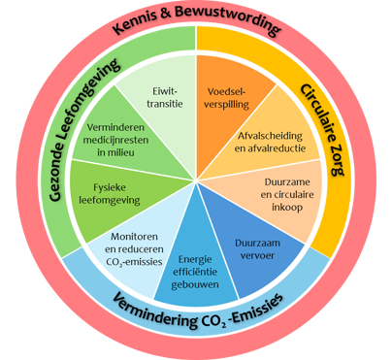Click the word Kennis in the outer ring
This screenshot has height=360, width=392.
point(138,20)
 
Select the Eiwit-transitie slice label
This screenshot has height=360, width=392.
point(165,97)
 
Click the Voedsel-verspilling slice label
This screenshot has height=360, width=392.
point(228,98)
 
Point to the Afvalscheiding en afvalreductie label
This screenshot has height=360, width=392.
point(270,142)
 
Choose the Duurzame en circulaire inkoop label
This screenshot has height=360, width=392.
point(287,194)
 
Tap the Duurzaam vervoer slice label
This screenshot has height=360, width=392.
point(257,249)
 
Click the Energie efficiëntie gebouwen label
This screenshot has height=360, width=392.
point(195,272)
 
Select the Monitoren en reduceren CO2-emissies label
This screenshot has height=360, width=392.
point(134,249)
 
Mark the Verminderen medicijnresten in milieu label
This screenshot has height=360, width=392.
point(115,140)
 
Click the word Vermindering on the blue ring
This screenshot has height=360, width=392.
point(152,311)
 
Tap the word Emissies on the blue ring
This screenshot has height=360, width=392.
point(258,309)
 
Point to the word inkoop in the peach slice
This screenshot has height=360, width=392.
point(287,207)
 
